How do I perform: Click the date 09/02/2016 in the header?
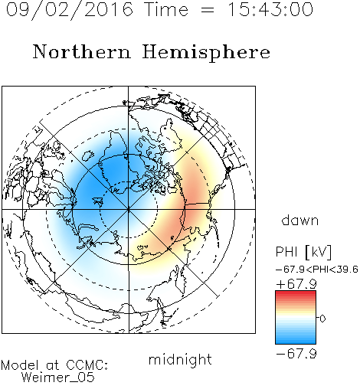click(x=70, y=10)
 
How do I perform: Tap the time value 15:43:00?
click(x=270, y=9)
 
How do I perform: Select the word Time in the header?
click(x=166, y=9)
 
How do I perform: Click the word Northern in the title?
click(x=82, y=51)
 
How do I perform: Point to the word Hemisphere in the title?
click(x=206, y=53)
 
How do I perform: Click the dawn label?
click(x=300, y=220)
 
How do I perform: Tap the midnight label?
click(x=180, y=359)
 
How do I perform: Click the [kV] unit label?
click(x=318, y=252)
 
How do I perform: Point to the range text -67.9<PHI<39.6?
click(x=317, y=270)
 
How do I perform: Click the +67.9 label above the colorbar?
click(x=296, y=284)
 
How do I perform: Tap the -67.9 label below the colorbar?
click(x=296, y=354)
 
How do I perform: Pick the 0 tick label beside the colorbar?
click(x=322, y=319)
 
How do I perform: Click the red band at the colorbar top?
click(x=296, y=293)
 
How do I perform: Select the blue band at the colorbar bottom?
click(x=296, y=341)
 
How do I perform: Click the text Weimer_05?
click(x=58, y=377)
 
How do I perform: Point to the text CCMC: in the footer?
click(x=87, y=365)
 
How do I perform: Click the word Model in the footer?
click(x=20, y=365)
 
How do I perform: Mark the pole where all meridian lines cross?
click(x=129, y=209)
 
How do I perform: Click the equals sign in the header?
click(x=208, y=10)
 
